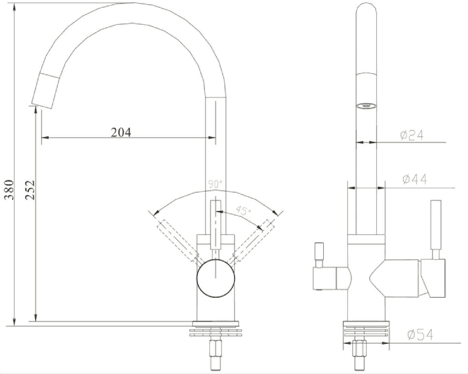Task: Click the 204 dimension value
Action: coord(121,132)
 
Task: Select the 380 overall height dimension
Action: coord(8,190)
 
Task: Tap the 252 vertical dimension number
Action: coord(31,190)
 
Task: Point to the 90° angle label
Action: coord(215,183)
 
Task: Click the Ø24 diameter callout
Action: coord(413,135)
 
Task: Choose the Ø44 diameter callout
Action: coord(414,179)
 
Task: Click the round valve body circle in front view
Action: coord(215,279)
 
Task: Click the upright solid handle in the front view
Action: coord(215,224)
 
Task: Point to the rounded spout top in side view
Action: coord(366,12)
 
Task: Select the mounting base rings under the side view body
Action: coord(366,330)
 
